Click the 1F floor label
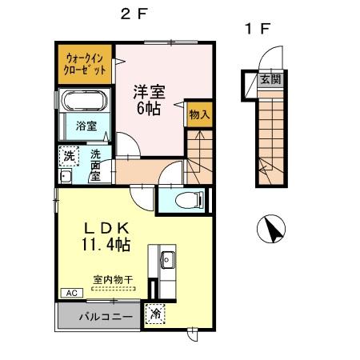click(x=258, y=30)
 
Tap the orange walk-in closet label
click(x=85, y=62)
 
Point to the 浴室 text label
click(x=86, y=126)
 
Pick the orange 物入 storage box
click(x=199, y=114)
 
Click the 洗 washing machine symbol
click(x=69, y=155)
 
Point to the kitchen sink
click(x=168, y=258)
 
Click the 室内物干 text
click(x=113, y=279)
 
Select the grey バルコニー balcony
click(x=99, y=315)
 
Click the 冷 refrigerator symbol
click(x=154, y=315)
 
